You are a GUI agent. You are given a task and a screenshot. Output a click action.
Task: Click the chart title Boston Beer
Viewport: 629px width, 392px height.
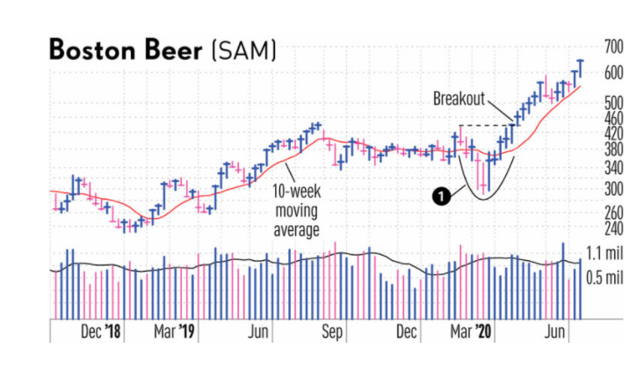(x=125, y=50)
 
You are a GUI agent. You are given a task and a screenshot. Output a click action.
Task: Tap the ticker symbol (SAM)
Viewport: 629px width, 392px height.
(x=243, y=50)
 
